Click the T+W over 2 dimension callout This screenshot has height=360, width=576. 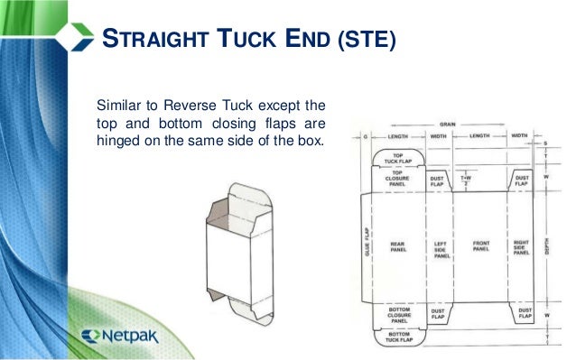click(465, 180)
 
